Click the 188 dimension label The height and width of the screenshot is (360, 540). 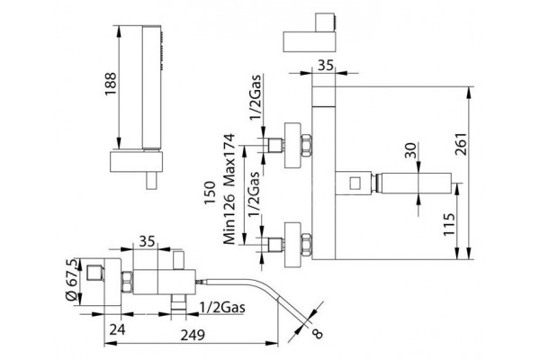(x=112, y=85)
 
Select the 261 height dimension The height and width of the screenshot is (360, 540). (x=461, y=144)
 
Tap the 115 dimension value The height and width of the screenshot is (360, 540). (x=449, y=224)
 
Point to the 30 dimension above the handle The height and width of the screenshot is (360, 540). (x=410, y=150)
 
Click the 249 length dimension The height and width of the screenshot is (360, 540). (x=193, y=335)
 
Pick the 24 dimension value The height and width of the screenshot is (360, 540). (x=117, y=329)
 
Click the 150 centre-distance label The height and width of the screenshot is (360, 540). (x=210, y=193)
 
